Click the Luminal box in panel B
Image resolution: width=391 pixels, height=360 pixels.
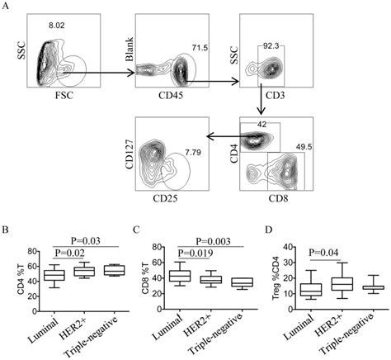point(54,275)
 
